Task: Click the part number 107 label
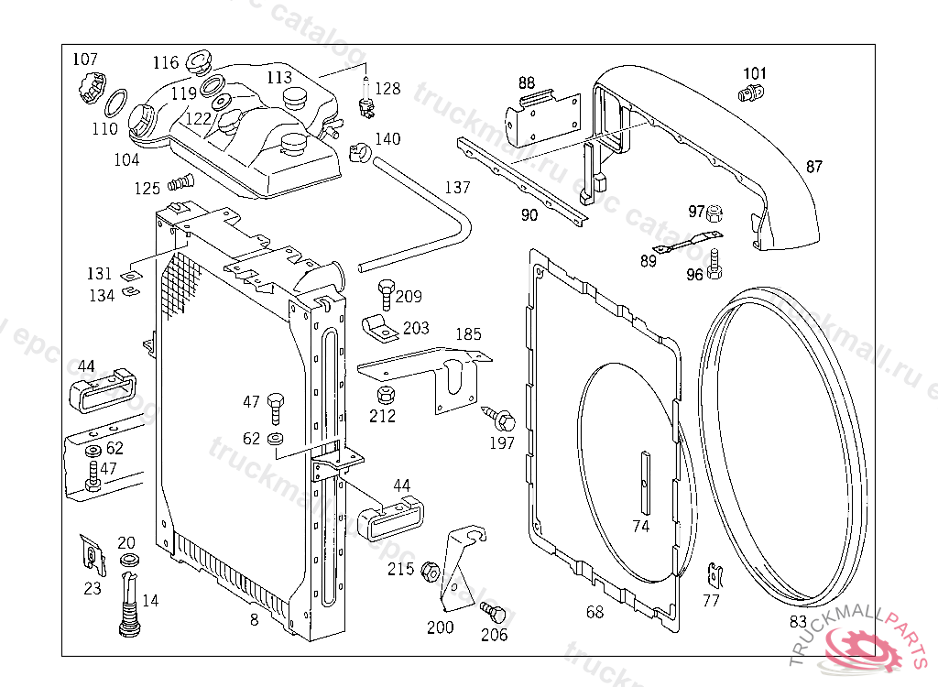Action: [85, 60]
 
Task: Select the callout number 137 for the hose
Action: [457, 188]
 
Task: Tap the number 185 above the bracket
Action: [468, 334]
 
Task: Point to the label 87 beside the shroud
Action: [814, 167]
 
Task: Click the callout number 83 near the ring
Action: [799, 622]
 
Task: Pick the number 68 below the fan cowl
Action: [595, 613]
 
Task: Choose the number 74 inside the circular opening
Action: [641, 527]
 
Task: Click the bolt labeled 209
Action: [386, 294]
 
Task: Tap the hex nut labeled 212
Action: [385, 396]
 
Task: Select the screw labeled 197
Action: [501, 420]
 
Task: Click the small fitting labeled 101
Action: [747, 92]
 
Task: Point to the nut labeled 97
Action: [719, 213]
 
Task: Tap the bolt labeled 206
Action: [495, 610]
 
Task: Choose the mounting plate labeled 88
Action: [541, 116]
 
